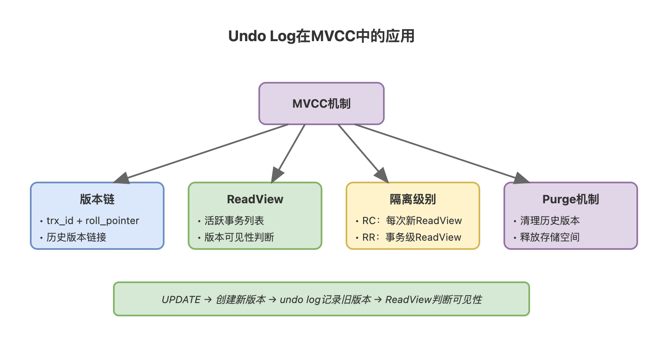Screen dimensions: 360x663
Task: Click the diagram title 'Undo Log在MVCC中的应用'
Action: [322, 36]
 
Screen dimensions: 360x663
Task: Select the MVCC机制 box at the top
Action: [322, 104]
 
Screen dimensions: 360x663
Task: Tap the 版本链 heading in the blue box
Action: [97, 200]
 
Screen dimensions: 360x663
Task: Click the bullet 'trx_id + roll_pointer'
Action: [93, 221]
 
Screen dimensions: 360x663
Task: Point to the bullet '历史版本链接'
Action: [76, 237]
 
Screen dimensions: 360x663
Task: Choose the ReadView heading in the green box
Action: [255, 200]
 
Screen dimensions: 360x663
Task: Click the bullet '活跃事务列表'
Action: [234, 221]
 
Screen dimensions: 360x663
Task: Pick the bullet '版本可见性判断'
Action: [239, 237]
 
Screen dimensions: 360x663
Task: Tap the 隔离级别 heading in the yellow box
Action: [413, 200]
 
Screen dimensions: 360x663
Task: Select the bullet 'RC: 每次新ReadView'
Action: [412, 221]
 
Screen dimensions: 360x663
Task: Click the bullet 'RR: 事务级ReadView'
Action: [412, 237]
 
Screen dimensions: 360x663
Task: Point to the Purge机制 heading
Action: [571, 200]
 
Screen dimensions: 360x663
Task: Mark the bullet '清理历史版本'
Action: [550, 221]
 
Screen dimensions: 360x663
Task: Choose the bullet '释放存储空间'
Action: [550, 237]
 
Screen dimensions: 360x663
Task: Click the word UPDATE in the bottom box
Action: [181, 300]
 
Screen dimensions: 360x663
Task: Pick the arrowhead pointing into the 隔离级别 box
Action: [382, 175]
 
